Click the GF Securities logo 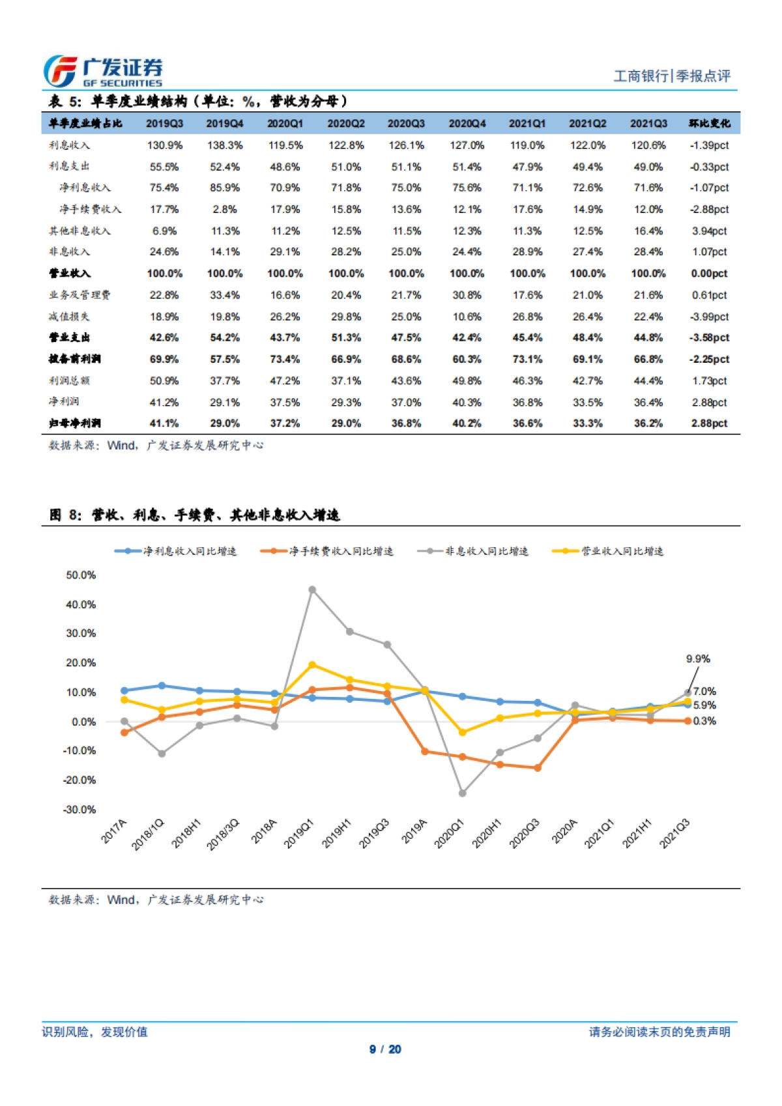[x=103, y=71]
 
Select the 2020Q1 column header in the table [x=285, y=123]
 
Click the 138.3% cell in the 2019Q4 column [x=225, y=145]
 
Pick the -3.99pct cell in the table [x=710, y=317]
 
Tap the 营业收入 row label [x=70, y=274]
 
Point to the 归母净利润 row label [x=75, y=423]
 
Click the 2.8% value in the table [x=225, y=209]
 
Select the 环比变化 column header [x=710, y=123]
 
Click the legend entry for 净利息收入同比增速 [x=176, y=551]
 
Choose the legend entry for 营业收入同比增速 [x=608, y=551]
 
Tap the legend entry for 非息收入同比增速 [x=473, y=551]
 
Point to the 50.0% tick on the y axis [x=81, y=575]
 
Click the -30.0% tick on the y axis [x=80, y=810]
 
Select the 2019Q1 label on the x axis [x=299, y=834]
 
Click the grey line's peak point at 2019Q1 [x=312, y=589]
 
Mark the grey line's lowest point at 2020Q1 [x=463, y=793]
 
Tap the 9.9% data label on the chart [x=698, y=659]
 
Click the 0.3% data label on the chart [x=704, y=721]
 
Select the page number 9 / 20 [x=385, y=1049]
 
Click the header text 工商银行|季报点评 [x=672, y=76]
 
